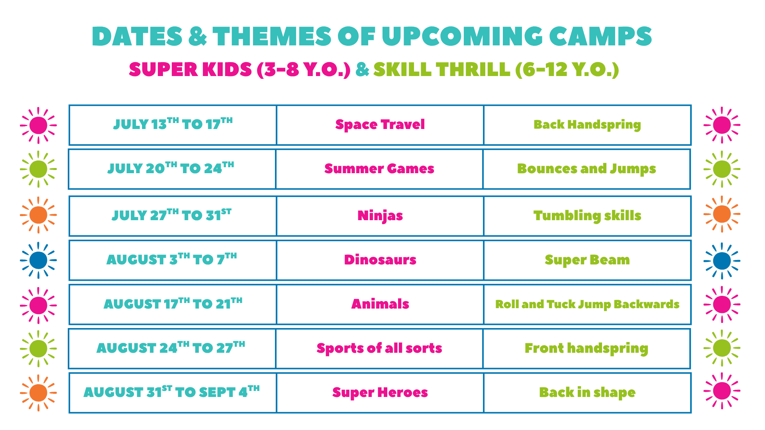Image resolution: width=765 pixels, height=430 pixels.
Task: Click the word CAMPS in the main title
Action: coord(600,36)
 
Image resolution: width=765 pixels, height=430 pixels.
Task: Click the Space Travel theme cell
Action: coord(380,125)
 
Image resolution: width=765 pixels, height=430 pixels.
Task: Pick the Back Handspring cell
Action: coord(587,125)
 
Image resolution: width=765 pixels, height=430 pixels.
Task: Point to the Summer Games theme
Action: coord(379,168)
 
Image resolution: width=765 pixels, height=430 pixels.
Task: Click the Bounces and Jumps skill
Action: coord(586,169)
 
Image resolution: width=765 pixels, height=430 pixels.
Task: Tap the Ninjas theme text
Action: coord(380,216)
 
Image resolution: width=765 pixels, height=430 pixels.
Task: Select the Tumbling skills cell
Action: coord(587,216)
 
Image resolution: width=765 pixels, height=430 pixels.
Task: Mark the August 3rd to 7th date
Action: coord(172,259)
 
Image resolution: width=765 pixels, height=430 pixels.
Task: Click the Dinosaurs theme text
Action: coord(380,260)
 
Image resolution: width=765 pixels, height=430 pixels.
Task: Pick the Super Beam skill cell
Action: coord(587,260)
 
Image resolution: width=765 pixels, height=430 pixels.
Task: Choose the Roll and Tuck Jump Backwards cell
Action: coord(587,305)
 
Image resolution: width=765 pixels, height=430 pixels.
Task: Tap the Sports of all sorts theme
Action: coord(379,348)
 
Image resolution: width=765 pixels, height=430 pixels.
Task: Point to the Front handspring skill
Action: coord(586,349)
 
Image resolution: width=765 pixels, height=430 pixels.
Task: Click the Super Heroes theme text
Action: coord(380,393)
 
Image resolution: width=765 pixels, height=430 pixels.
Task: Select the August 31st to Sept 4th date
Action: coord(172,392)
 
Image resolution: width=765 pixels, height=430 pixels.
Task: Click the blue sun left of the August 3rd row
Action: coord(38,260)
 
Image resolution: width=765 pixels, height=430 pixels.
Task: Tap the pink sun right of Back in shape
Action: coord(722,391)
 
